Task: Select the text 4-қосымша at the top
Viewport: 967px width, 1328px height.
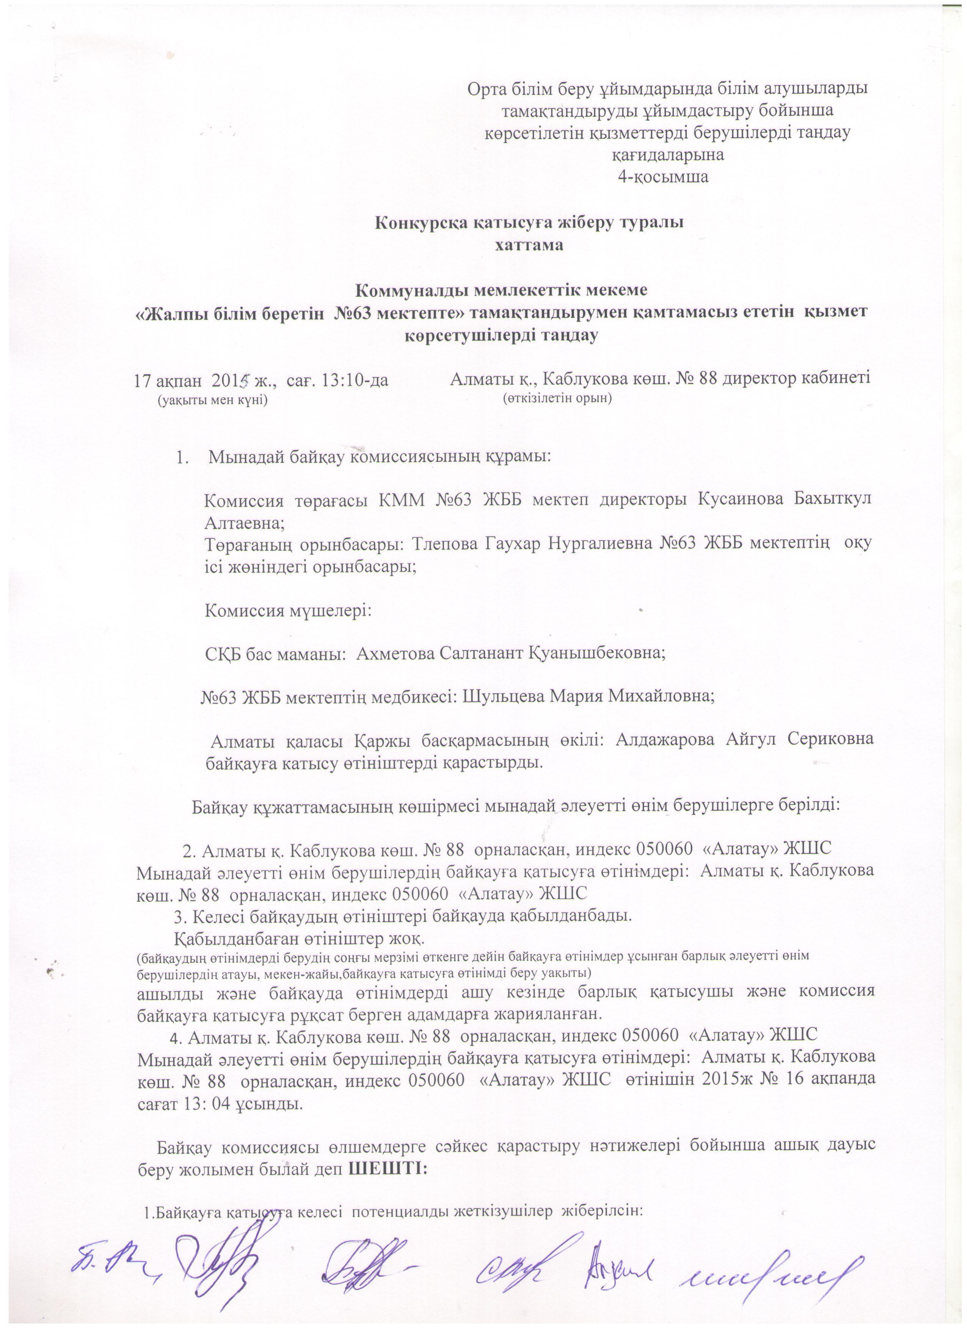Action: [663, 177]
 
